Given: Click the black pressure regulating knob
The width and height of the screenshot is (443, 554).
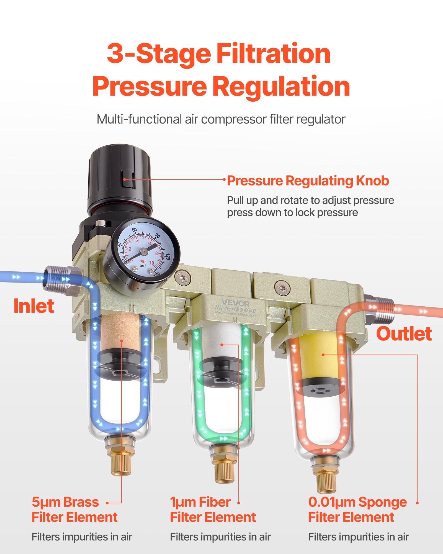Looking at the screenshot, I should [120, 177].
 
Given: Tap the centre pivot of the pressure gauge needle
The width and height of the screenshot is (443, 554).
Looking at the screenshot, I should [144, 251].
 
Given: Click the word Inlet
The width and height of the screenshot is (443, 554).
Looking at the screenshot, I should [34, 306].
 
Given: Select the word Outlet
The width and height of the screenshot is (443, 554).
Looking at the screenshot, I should [404, 334].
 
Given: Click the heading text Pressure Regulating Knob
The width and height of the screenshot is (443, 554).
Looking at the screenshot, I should [308, 181].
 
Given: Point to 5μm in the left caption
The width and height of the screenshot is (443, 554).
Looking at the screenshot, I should [45, 502].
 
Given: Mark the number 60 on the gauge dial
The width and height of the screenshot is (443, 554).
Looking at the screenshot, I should [134, 230].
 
